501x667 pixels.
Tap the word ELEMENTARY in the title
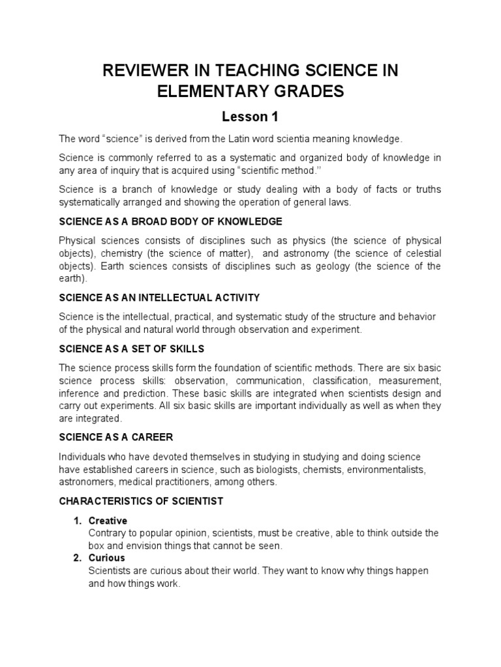click(x=215, y=92)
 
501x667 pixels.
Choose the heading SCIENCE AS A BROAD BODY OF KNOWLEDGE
click(x=170, y=221)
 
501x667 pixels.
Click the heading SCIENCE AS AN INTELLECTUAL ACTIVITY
click(x=159, y=298)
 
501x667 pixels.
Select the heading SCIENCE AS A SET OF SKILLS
click(x=131, y=348)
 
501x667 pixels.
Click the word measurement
click(x=414, y=380)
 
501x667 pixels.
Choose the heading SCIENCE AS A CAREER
click(x=115, y=436)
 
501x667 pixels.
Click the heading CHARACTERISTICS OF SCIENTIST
click(x=141, y=501)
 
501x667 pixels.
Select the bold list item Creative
click(x=108, y=521)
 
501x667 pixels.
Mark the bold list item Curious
click(x=106, y=558)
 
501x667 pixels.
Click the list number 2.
click(x=76, y=558)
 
